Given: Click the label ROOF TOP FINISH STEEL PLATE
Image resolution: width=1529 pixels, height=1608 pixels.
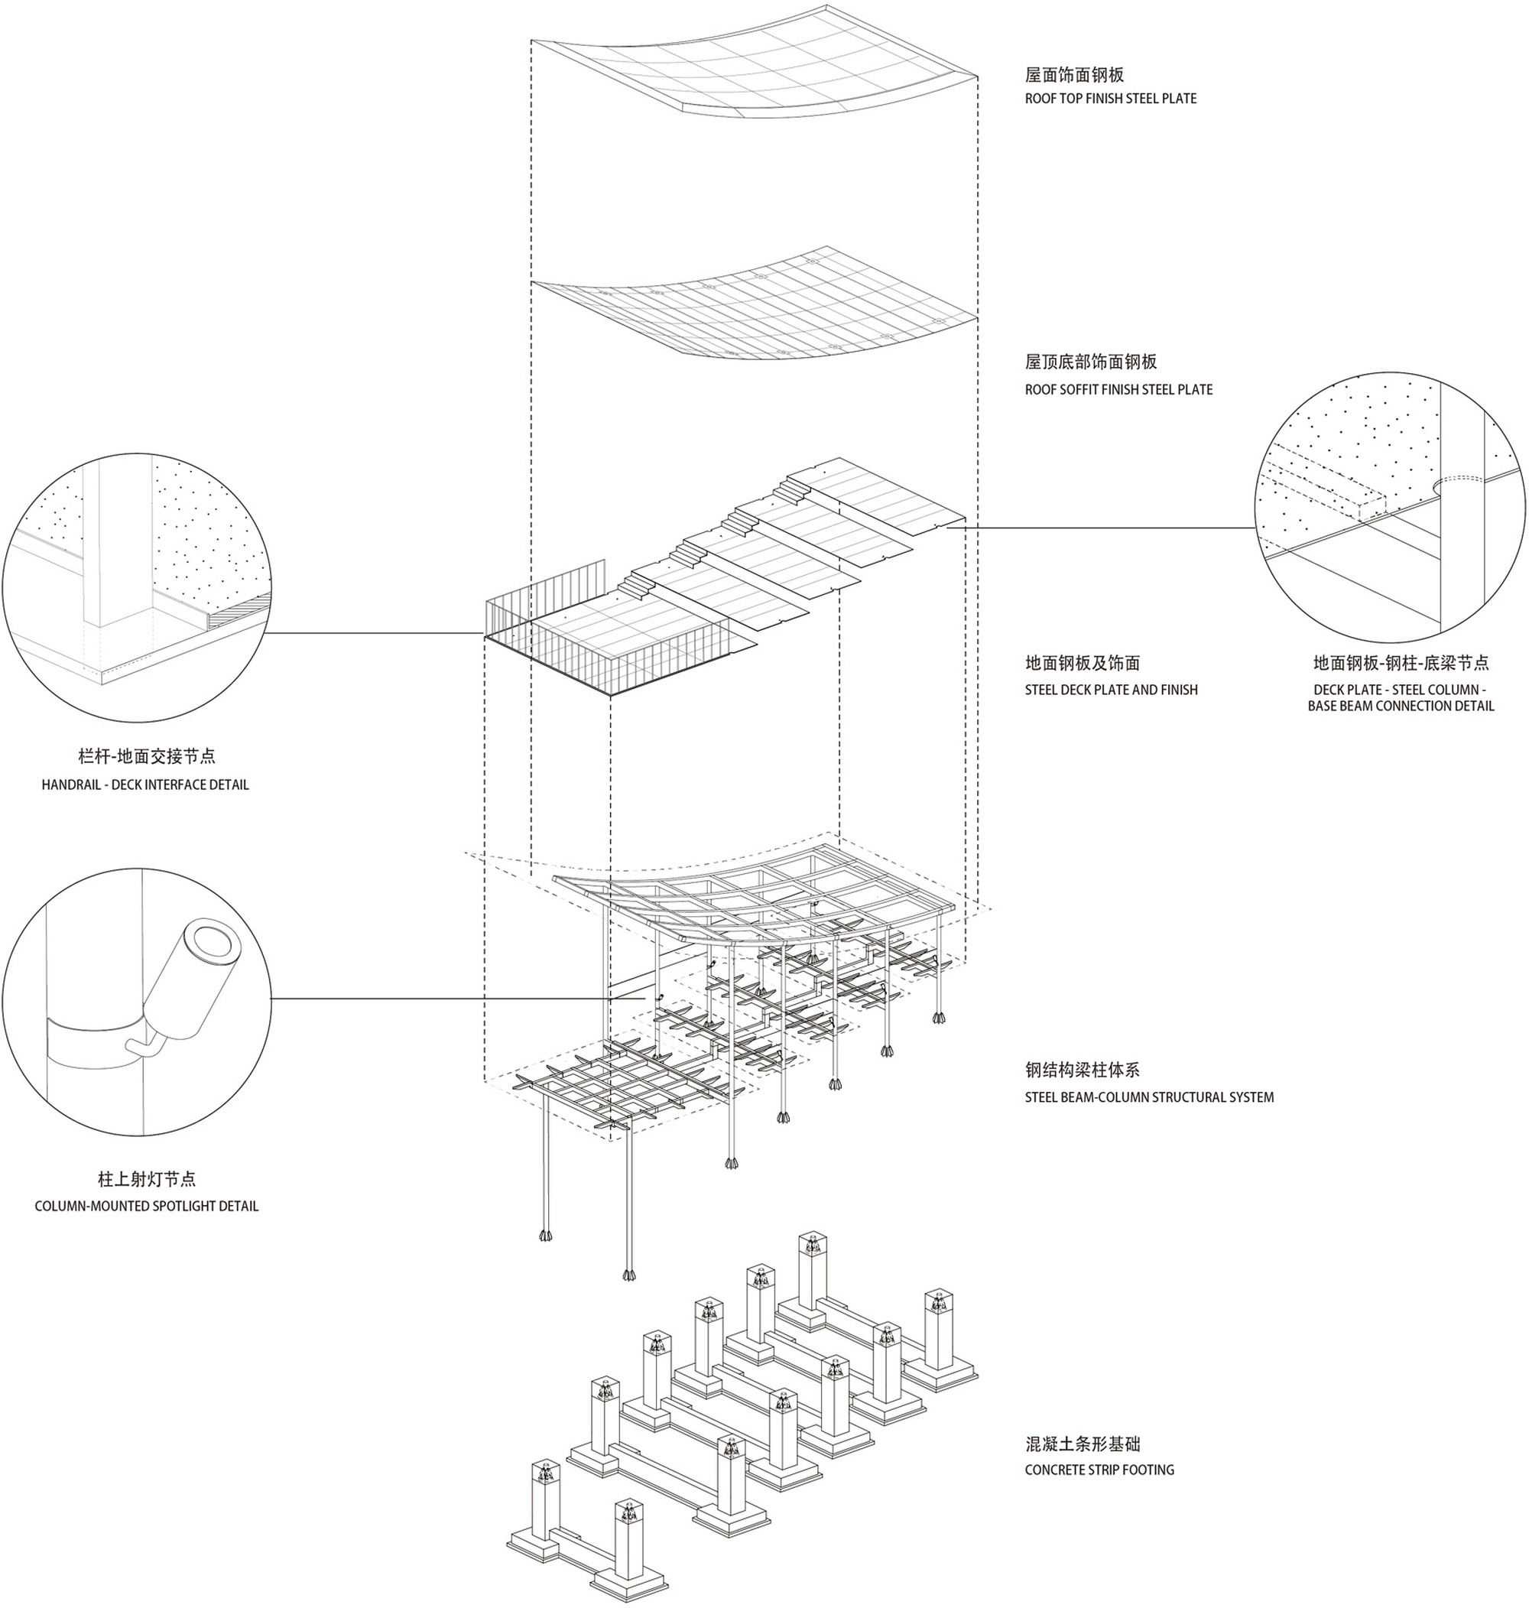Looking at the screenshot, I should tap(1110, 99).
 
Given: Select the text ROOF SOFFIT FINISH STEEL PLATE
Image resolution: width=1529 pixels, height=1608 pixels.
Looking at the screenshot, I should tap(1118, 389).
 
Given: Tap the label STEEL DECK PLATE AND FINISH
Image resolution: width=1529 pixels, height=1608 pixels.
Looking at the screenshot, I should tap(1111, 690).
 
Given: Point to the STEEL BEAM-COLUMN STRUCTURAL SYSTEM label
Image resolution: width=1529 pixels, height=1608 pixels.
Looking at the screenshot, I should tap(1148, 1097).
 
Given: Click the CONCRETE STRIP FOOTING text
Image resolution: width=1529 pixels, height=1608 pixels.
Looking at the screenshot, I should tap(1099, 1470).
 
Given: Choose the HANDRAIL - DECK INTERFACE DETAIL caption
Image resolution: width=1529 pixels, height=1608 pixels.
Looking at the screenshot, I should tap(145, 785).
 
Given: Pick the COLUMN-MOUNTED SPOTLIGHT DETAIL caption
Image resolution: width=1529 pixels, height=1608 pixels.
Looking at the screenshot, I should tap(146, 1207).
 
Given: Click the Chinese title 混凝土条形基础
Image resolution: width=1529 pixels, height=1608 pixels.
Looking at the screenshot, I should tap(1083, 1444).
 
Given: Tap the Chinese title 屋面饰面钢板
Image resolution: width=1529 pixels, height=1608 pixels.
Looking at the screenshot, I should tap(1074, 75).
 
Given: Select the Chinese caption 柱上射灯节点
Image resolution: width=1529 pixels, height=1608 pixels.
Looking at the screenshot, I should tap(147, 1179).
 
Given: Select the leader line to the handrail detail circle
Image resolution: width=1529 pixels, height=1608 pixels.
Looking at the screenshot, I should tap(375, 633).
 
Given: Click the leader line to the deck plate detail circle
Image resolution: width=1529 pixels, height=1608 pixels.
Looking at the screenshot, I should tap(1100, 528).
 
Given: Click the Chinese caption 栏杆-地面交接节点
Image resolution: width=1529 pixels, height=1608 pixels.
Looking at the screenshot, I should tap(147, 756).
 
